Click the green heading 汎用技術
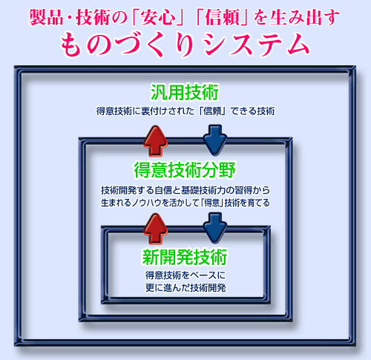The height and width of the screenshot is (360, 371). [185, 92]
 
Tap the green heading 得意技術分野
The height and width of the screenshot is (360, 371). [185, 170]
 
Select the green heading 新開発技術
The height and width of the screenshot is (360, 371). [185, 257]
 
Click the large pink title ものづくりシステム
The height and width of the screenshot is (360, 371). [185, 45]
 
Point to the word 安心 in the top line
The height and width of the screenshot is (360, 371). [159, 17]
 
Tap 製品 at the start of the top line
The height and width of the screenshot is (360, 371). [46, 17]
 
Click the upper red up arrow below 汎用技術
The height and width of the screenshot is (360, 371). [156, 141]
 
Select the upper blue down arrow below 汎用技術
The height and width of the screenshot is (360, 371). [215, 140]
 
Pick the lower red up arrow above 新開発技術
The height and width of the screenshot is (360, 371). [156, 229]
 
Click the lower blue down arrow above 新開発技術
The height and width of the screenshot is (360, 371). [215, 228]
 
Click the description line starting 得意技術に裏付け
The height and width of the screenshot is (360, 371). [185, 111]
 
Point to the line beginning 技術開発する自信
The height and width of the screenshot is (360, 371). [185, 190]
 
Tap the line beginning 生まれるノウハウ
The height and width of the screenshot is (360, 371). [185, 203]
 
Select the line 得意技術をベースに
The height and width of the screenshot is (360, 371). [185, 275]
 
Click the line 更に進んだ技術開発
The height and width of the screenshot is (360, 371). [185, 288]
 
